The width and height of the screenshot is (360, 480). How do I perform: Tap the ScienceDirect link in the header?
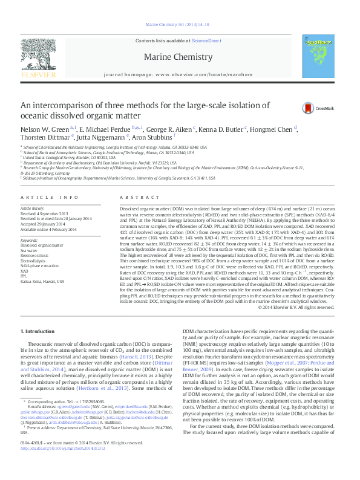[x=206, y=41]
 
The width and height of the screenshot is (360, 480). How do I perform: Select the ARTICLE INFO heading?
[x=50, y=198]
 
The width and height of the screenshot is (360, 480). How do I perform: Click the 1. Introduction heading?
[x=38, y=331]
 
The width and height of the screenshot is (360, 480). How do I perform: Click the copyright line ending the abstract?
[x=296, y=307]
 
